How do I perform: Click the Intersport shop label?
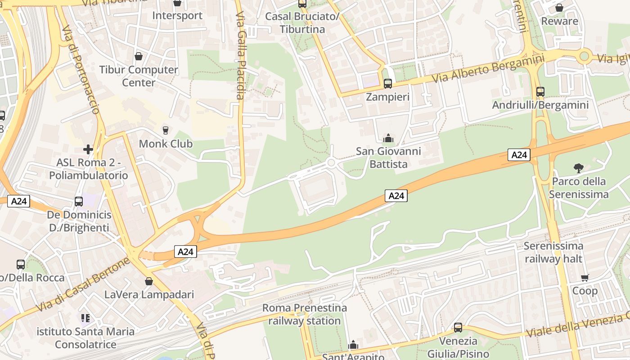tap(177, 15)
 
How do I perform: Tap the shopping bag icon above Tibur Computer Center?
tap(138, 57)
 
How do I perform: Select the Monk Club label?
tap(166, 144)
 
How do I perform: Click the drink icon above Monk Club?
tap(166, 130)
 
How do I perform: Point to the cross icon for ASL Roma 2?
tap(88, 149)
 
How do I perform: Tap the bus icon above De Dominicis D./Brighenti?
tap(79, 201)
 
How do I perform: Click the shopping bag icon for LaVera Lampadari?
tap(149, 281)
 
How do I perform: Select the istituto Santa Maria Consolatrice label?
tap(85, 338)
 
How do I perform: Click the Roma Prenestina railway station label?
tap(305, 314)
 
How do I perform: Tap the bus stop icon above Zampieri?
tap(387, 83)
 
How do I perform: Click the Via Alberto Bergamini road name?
tap(488, 68)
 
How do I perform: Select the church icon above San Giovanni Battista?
tap(388, 138)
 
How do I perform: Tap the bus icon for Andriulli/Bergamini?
tap(540, 92)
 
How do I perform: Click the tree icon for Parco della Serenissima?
tap(579, 168)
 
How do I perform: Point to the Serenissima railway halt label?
tap(553, 252)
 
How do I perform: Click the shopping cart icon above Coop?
tap(585, 278)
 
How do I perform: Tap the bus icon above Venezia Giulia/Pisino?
tap(458, 327)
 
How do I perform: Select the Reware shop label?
tap(559, 21)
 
